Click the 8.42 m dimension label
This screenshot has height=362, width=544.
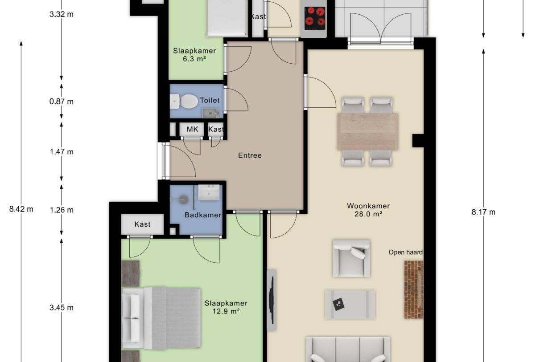point(21,209)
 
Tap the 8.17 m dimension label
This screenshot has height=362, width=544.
point(483,212)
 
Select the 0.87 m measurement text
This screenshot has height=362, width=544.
point(62,101)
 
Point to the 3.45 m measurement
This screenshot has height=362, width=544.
point(62,307)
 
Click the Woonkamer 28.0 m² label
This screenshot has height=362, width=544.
point(368,210)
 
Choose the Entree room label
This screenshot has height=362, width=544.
point(250,155)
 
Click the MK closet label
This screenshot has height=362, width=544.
point(192,130)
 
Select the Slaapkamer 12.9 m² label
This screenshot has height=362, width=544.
point(226,307)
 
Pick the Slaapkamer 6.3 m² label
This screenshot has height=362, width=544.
point(194,54)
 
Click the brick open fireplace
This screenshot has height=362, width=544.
point(413,289)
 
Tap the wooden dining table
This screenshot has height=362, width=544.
point(368,131)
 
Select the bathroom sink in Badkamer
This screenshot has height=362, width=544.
point(209,193)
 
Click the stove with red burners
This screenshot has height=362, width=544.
point(315,18)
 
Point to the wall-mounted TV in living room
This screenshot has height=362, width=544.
point(271,299)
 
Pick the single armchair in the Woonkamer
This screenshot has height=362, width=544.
point(351,258)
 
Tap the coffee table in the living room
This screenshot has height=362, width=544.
point(350,305)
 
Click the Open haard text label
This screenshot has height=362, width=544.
point(405,252)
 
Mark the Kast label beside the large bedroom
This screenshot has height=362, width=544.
point(142,224)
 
